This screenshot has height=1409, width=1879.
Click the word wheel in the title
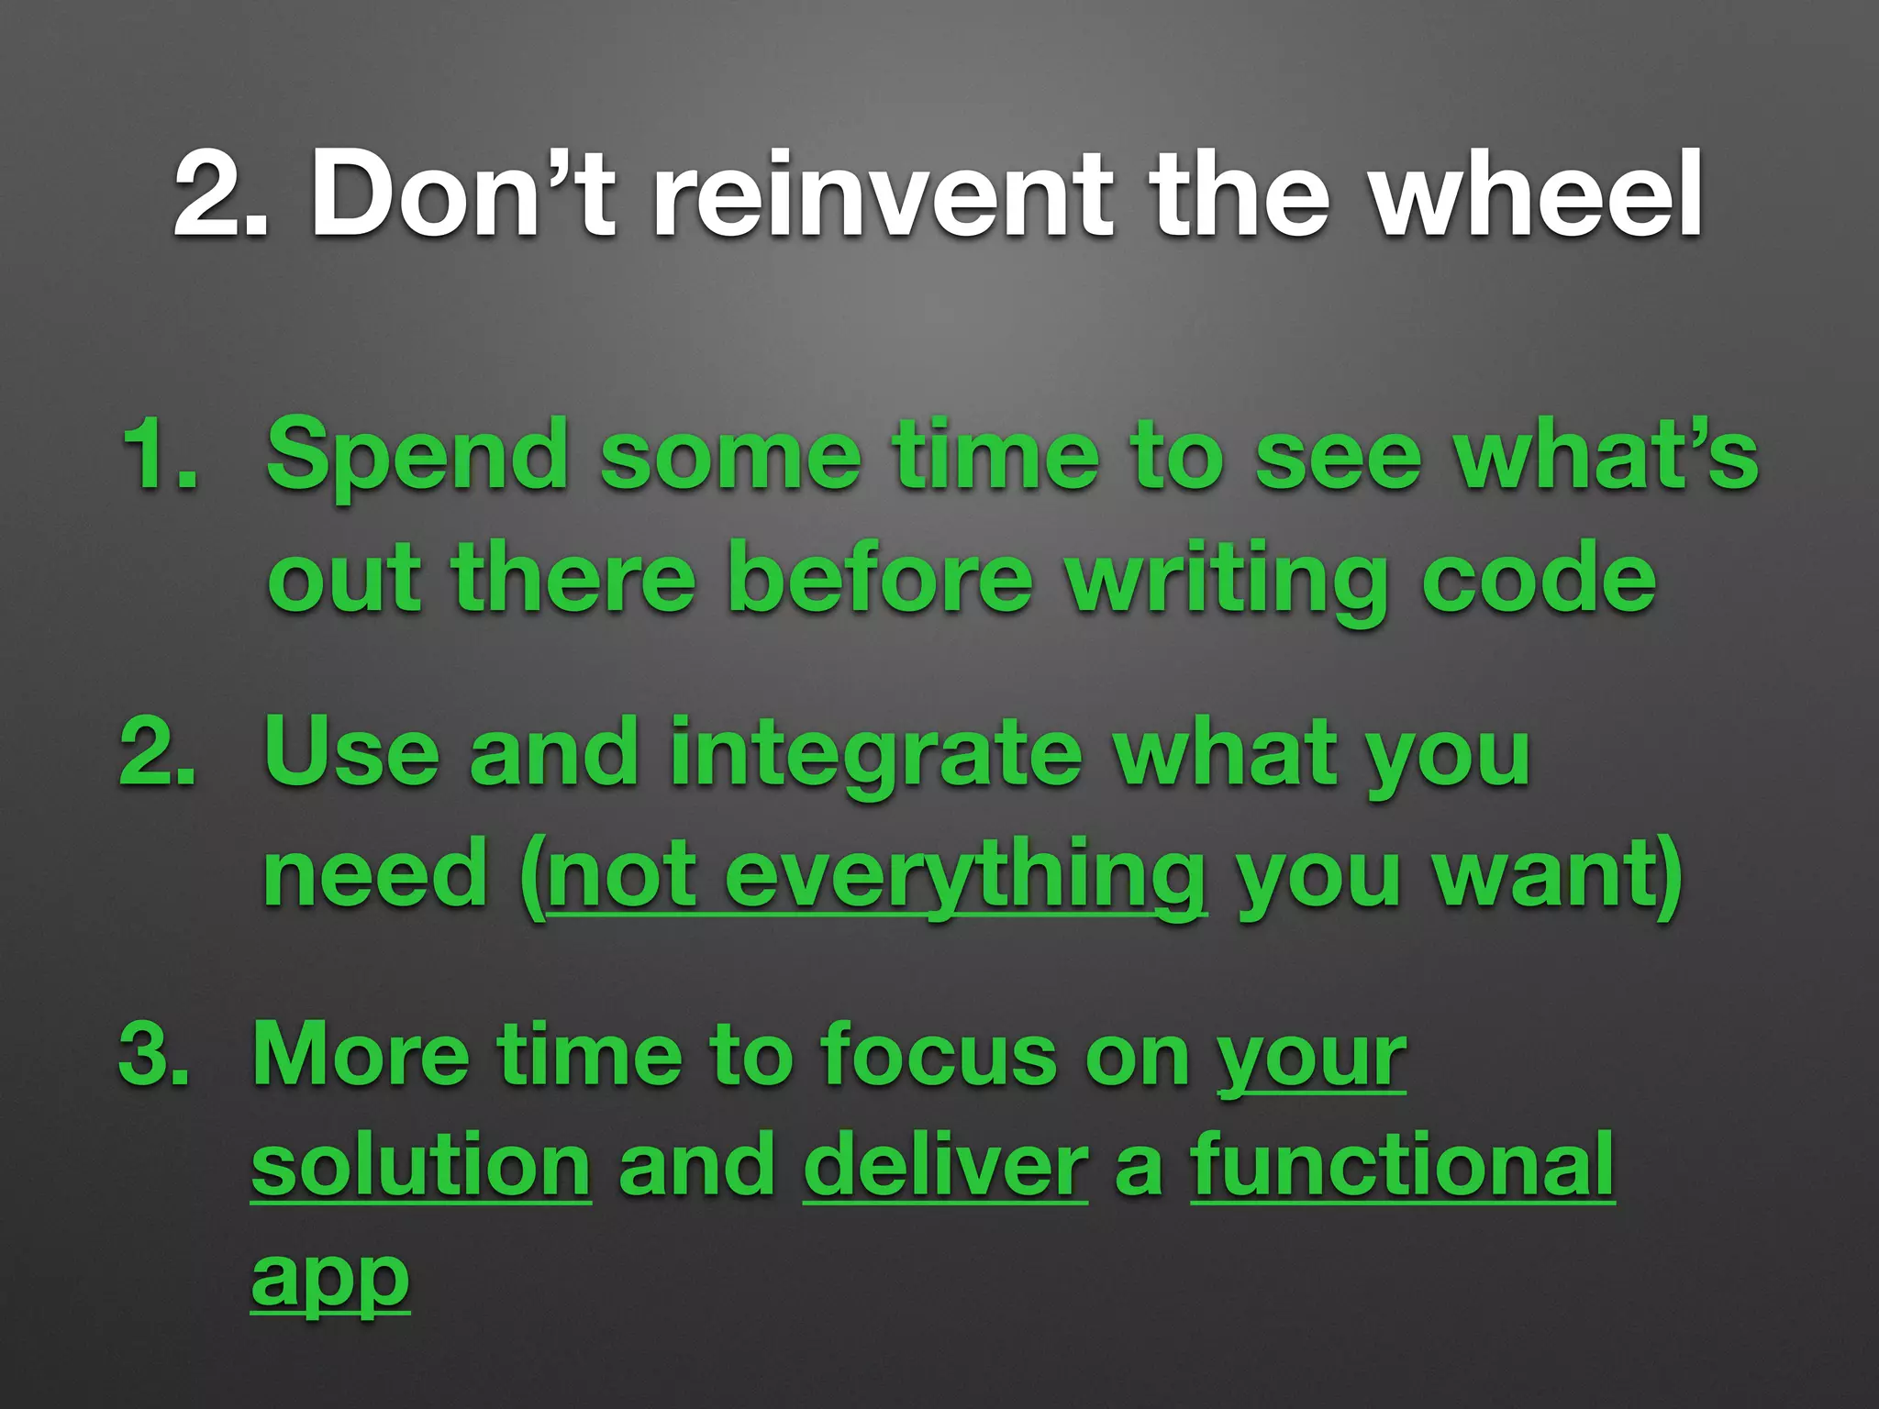pos(1537,195)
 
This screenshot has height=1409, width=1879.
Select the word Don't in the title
pos(463,195)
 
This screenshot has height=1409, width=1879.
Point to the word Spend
pos(417,457)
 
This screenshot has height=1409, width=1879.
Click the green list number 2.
pos(158,754)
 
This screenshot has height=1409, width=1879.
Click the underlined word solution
pos(421,1167)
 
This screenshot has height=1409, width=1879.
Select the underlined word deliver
pos(945,1167)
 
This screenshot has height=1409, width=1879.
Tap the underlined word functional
pos(1402,1167)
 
